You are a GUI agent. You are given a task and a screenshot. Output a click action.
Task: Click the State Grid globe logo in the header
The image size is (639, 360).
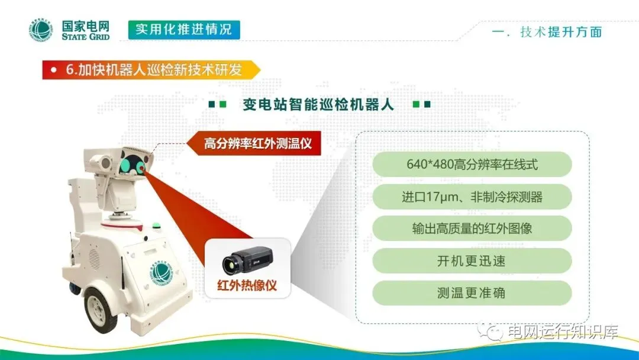coord(41,30)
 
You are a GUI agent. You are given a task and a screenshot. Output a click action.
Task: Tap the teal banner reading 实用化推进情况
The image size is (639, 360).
coord(184,30)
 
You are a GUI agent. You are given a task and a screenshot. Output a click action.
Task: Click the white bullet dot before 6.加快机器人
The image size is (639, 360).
coord(53,70)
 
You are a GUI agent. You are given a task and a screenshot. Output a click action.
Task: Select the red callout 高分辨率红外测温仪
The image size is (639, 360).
coord(254,143)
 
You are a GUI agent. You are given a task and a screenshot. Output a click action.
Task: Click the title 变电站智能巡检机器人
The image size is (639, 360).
coord(318,104)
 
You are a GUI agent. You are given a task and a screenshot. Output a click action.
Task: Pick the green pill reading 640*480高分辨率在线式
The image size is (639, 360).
coord(472,164)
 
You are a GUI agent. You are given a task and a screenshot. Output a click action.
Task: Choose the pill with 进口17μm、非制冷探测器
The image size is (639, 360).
coord(472,197)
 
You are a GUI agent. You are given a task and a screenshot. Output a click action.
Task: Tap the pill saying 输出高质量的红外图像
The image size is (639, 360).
coord(472,229)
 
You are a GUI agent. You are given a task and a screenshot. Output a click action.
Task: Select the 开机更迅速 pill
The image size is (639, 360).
coord(472,261)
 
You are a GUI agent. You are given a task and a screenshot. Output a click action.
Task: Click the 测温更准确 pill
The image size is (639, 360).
coord(472,292)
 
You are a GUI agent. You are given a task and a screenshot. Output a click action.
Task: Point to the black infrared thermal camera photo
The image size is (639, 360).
coord(247,260)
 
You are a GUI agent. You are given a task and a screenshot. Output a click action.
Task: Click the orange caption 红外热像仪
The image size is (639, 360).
coord(247,285)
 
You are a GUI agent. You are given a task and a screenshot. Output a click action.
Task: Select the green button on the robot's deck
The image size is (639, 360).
coord(155,224)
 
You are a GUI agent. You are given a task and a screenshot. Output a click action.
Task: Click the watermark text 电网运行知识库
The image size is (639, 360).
coord(563,332)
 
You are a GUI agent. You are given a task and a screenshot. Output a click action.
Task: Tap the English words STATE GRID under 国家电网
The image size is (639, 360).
coord(86,37)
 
